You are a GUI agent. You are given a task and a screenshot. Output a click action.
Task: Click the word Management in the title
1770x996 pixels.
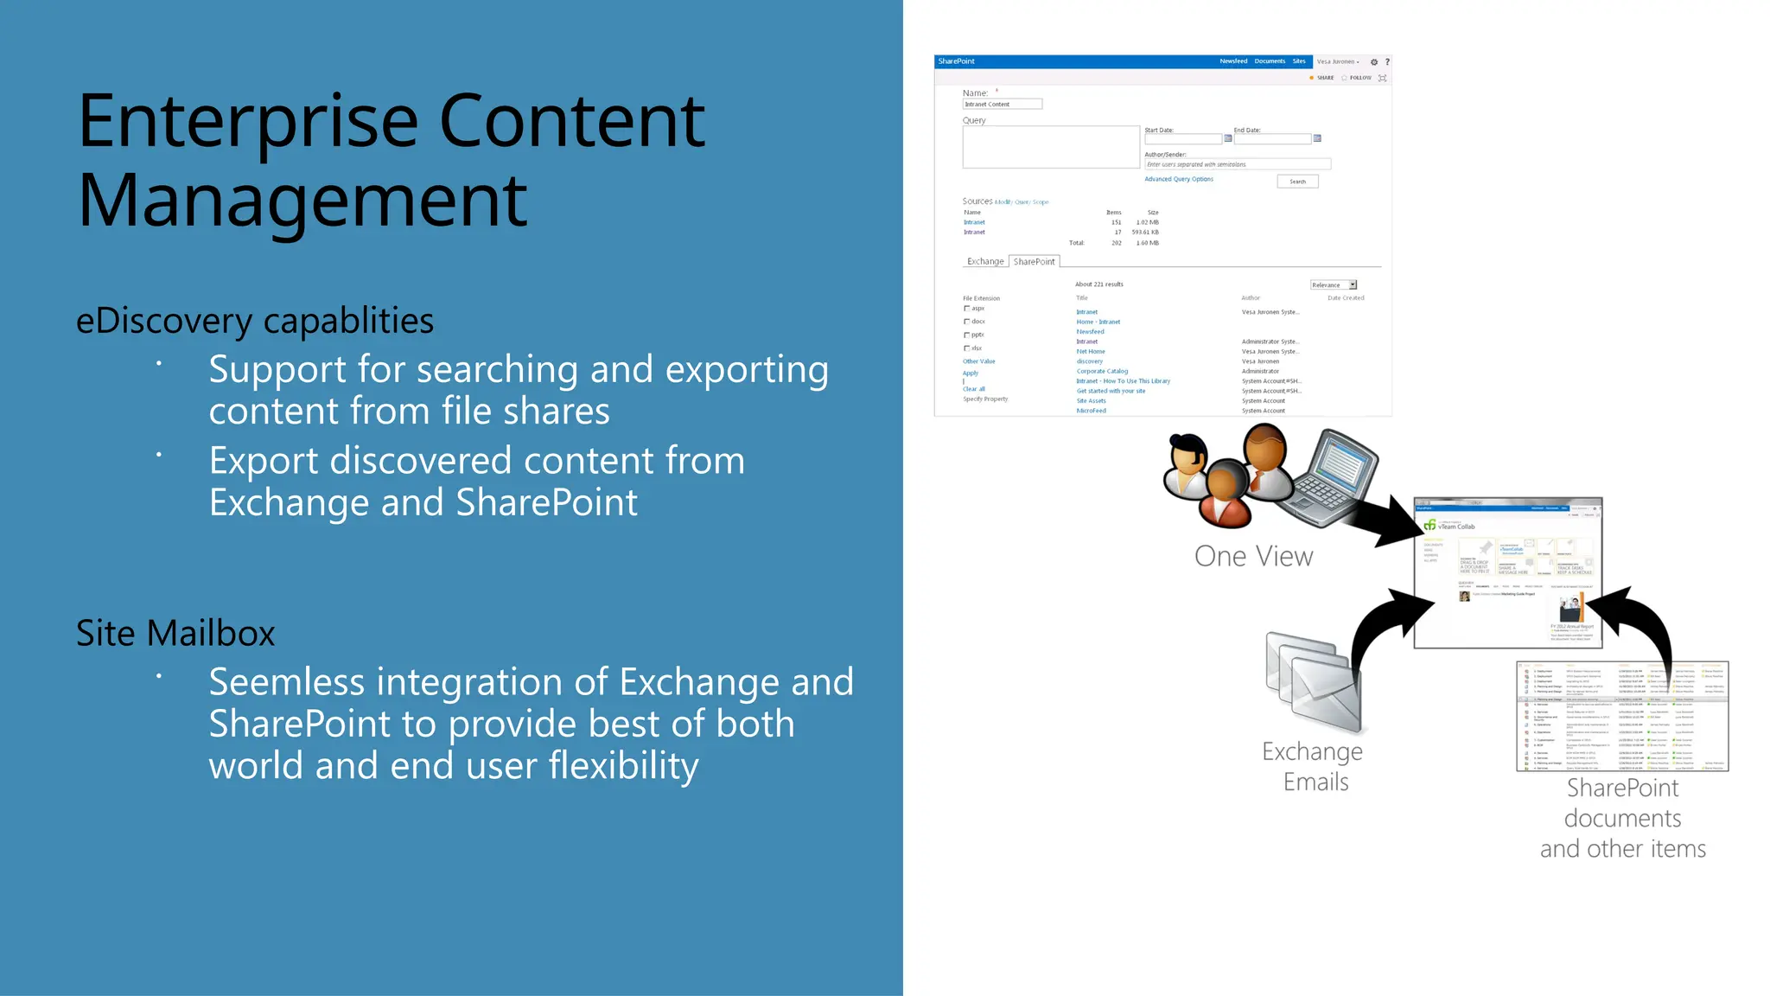[x=302, y=201]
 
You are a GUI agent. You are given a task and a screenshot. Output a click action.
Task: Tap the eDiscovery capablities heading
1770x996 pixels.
[x=254, y=321]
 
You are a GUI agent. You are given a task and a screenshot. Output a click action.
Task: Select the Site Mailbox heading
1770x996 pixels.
[x=175, y=634]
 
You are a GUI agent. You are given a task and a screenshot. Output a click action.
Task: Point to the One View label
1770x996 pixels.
[x=1253, y=556]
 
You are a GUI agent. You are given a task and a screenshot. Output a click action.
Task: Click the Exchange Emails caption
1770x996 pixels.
[x=1313, y=766]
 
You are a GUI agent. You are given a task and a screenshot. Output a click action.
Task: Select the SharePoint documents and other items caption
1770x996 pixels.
[x=1622, y=818]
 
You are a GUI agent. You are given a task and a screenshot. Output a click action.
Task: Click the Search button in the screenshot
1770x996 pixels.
[x=1297, y=182]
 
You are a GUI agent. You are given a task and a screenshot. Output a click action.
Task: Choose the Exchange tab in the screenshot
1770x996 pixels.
[x=985, y=261]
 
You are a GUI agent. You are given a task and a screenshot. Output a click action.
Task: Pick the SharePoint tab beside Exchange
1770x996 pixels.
[x=1034, y=261]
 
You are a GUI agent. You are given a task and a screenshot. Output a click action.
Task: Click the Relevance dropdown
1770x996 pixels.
[x=1333, y=284]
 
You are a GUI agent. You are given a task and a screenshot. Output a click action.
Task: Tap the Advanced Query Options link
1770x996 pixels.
[x=1178, y=179]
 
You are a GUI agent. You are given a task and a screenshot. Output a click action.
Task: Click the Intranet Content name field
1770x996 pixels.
[x=1002, y=104]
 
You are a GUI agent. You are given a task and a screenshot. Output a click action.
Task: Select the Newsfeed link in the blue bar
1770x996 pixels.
[x=1233, y=61]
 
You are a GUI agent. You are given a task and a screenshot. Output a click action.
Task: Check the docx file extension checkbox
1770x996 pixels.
[x=966, y=322]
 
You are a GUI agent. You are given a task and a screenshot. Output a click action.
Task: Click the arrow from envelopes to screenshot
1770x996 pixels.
[x=1383, y=627]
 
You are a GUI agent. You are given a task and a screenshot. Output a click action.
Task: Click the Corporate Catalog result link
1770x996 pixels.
[x=1102, y=371]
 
